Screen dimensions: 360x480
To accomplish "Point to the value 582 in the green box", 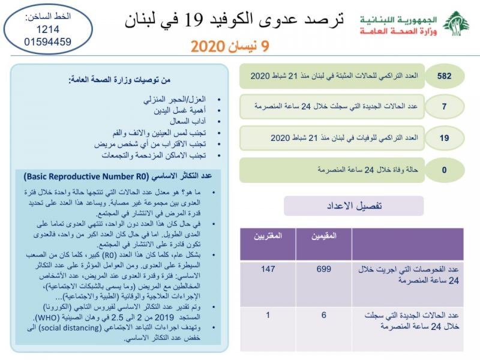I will point(444,77).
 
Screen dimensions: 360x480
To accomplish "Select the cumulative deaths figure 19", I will point(444,139).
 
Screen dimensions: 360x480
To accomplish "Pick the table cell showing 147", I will point(268,269).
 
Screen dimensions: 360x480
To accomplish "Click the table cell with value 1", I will point(268,314).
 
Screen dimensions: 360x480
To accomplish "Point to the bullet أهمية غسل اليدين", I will point(181,110).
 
